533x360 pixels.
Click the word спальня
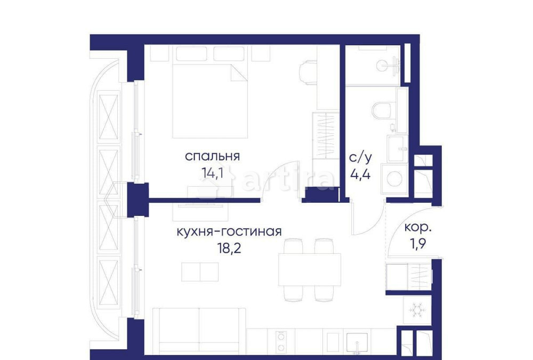point(212,156)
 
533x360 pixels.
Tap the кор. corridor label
point(418,227)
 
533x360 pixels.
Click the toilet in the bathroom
point(382,110)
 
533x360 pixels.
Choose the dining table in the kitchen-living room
point(310,270)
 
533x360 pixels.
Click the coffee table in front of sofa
point(200,271)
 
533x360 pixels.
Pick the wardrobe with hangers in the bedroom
point(325,135)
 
